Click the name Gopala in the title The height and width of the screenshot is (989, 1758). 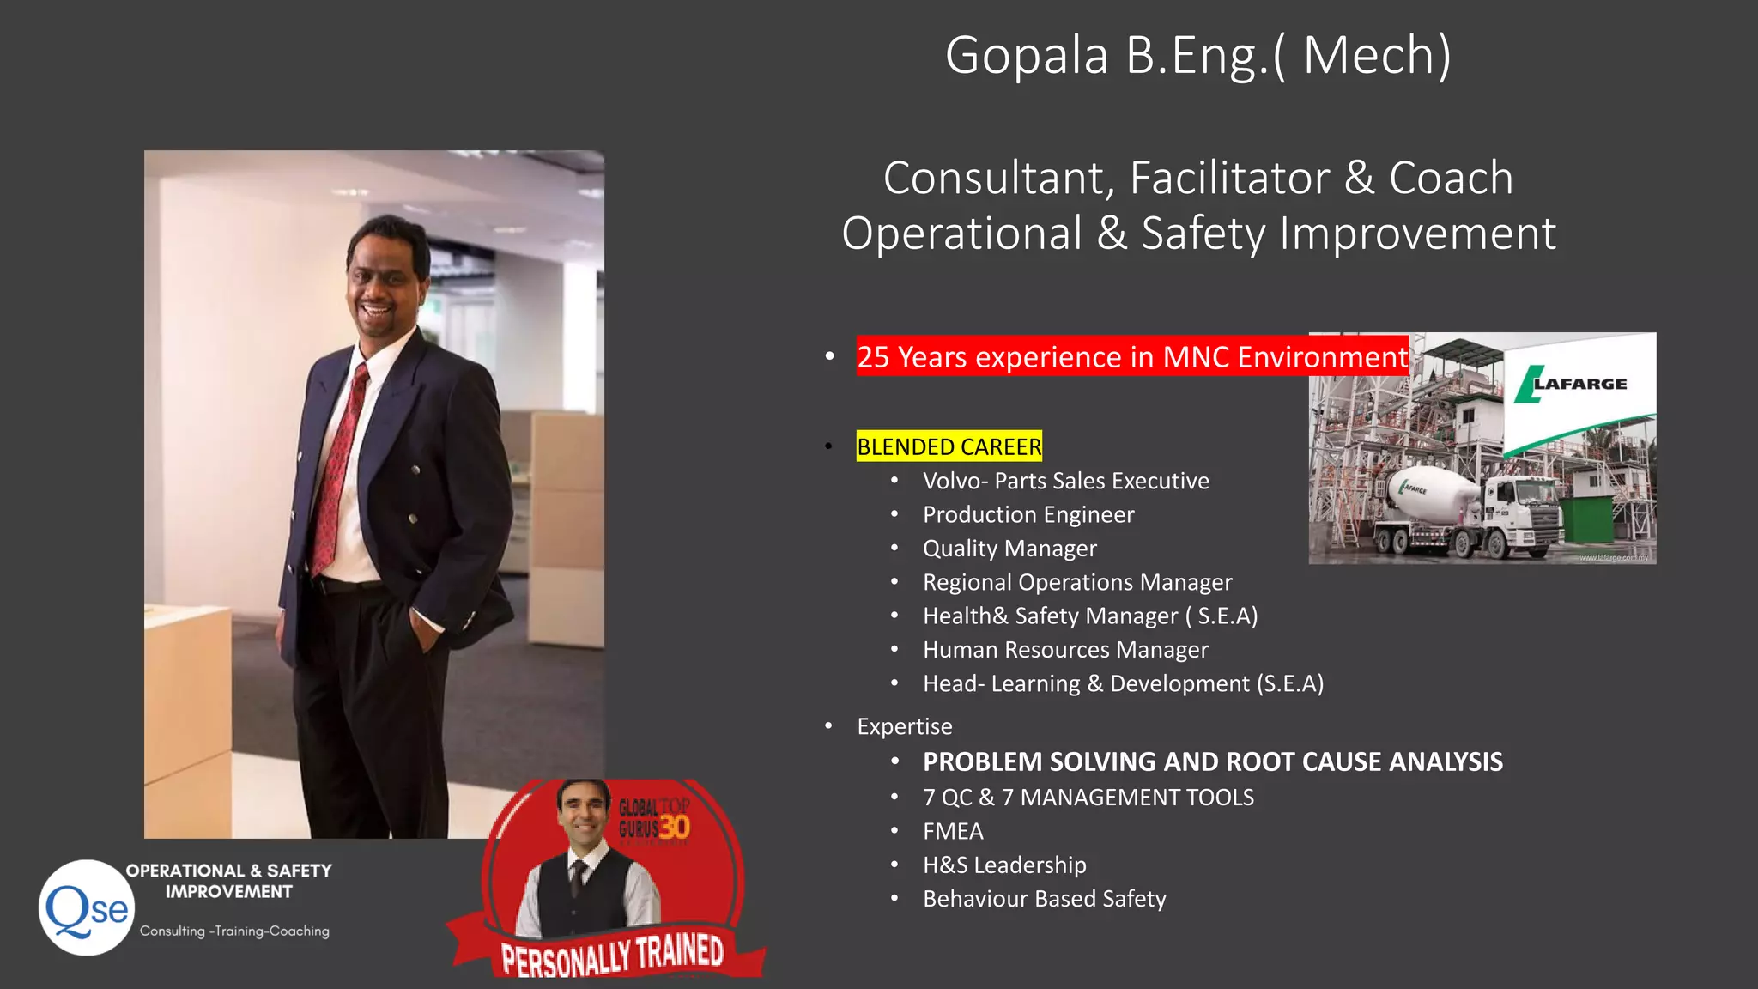click(x=1027, y=56)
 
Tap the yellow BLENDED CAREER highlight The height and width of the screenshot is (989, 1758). click(x=949, y=446)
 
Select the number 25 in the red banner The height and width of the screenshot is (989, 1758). click(x=873, y=356)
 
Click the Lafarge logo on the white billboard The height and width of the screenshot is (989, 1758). click(x=1571, y=384)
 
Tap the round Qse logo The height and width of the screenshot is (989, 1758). click(x=86, y=908)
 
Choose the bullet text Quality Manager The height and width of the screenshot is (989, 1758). click(x=1009, y=548)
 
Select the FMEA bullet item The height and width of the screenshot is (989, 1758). click(x=953, y=831)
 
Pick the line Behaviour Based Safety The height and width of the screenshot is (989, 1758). click(x=1044, y=899)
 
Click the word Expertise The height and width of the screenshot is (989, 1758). click(x=905, y=726)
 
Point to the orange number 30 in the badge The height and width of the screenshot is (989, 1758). click(x=675, y=827)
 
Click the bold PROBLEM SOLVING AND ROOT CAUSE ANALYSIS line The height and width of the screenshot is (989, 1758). click(x=1212, y=761)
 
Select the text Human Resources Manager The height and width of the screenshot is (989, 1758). click(x=1065, y=650)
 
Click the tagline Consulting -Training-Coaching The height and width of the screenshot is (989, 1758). click(x=234, y=931)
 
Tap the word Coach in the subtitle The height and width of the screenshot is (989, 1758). click(x=1450, y=178)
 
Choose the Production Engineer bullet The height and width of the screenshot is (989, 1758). click(x=1028, y=514)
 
